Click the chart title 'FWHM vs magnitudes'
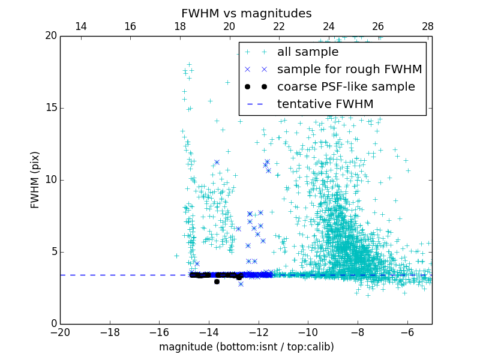(x=246, y=13)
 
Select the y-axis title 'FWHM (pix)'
(x=35, y=180)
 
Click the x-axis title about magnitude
(x=246, y=347)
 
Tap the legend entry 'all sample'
(x=307, y=52)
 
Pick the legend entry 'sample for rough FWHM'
(x=349, y=70)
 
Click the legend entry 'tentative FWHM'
(x=325, y=104)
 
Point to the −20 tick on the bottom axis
(x=60, y=332)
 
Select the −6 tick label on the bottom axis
(x=407, y=332)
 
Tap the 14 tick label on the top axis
(x=80, y=26)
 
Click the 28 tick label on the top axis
(x=428, y=26)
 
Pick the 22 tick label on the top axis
(x=279, y=26)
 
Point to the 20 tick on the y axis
(x=50, y=36)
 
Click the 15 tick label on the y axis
(x=50, y=108)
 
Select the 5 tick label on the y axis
(x=53, y=252)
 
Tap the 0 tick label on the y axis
(x=53, y=324)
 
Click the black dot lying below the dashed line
(x=217, y=281)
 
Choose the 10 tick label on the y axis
(x=50, y=180)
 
